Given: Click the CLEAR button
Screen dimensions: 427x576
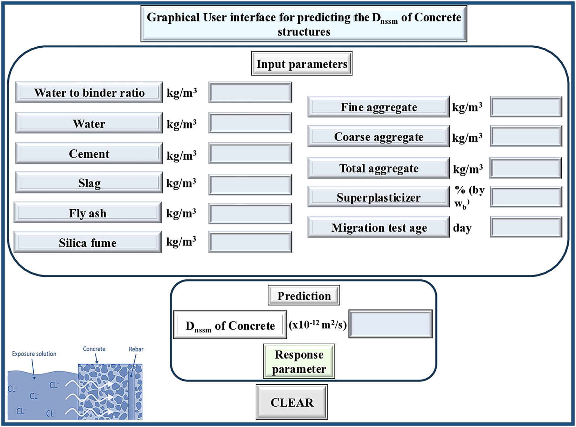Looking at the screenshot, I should tap(292, 402).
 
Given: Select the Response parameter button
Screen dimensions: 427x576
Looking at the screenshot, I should tap(299, 361).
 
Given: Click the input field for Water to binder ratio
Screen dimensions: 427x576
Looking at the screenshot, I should tap(250, 93).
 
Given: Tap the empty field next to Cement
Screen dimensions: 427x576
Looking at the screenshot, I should tap(250, 154).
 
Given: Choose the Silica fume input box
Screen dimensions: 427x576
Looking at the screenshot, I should tap(250, 242).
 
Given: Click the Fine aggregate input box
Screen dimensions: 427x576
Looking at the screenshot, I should tap(526, 107).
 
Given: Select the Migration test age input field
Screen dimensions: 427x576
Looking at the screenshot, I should tap(526, 228).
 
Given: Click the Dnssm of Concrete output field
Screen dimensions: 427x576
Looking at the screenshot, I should tap(390, 324).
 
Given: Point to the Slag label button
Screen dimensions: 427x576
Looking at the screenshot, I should tap(89, 183).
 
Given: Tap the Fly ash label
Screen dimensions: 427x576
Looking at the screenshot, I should tap(88, 213).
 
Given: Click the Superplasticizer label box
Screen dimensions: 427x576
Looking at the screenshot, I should tap(379, 197).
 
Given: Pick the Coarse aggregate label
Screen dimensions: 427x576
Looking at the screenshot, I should tap(379, 137).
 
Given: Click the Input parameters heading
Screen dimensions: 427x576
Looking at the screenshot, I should tap(302, 64).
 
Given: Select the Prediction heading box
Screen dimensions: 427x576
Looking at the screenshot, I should tap(304, 296).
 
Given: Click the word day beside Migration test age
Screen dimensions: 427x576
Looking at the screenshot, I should tap(462, 228).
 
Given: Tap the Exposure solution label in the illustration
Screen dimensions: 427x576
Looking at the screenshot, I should tap(34, 354).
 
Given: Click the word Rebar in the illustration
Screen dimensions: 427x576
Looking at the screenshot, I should tap(136, 349).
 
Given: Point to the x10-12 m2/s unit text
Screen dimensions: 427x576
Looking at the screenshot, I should tap(317, 325).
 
